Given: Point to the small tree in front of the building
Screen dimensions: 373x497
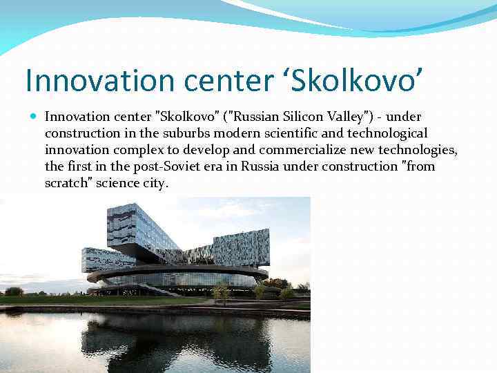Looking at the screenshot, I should point(222,290).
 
